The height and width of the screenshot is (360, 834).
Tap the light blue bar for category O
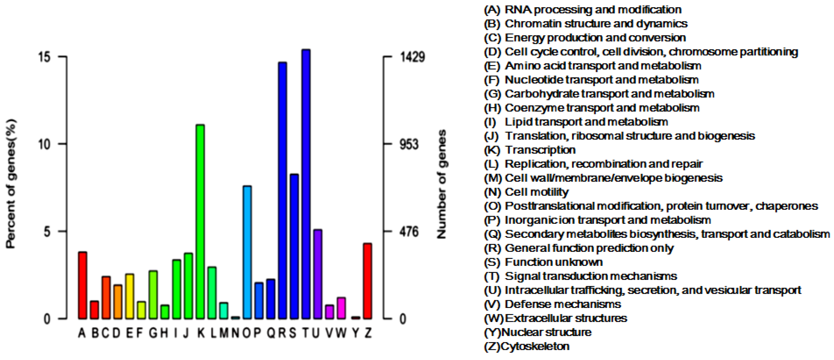point(247,252)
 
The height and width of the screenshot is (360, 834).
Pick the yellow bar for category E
point(129,296)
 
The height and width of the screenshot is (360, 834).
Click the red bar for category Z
point(367,281)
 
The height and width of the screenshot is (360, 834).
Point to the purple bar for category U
point(318,274)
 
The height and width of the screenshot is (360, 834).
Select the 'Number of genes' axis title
point(442,184)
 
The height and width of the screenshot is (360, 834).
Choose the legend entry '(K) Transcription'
point(530,150)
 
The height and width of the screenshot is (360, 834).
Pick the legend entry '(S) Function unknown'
point(543,262)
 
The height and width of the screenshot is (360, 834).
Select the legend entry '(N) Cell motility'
point(526,192)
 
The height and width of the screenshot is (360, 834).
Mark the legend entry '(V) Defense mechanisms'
point(552,304)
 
